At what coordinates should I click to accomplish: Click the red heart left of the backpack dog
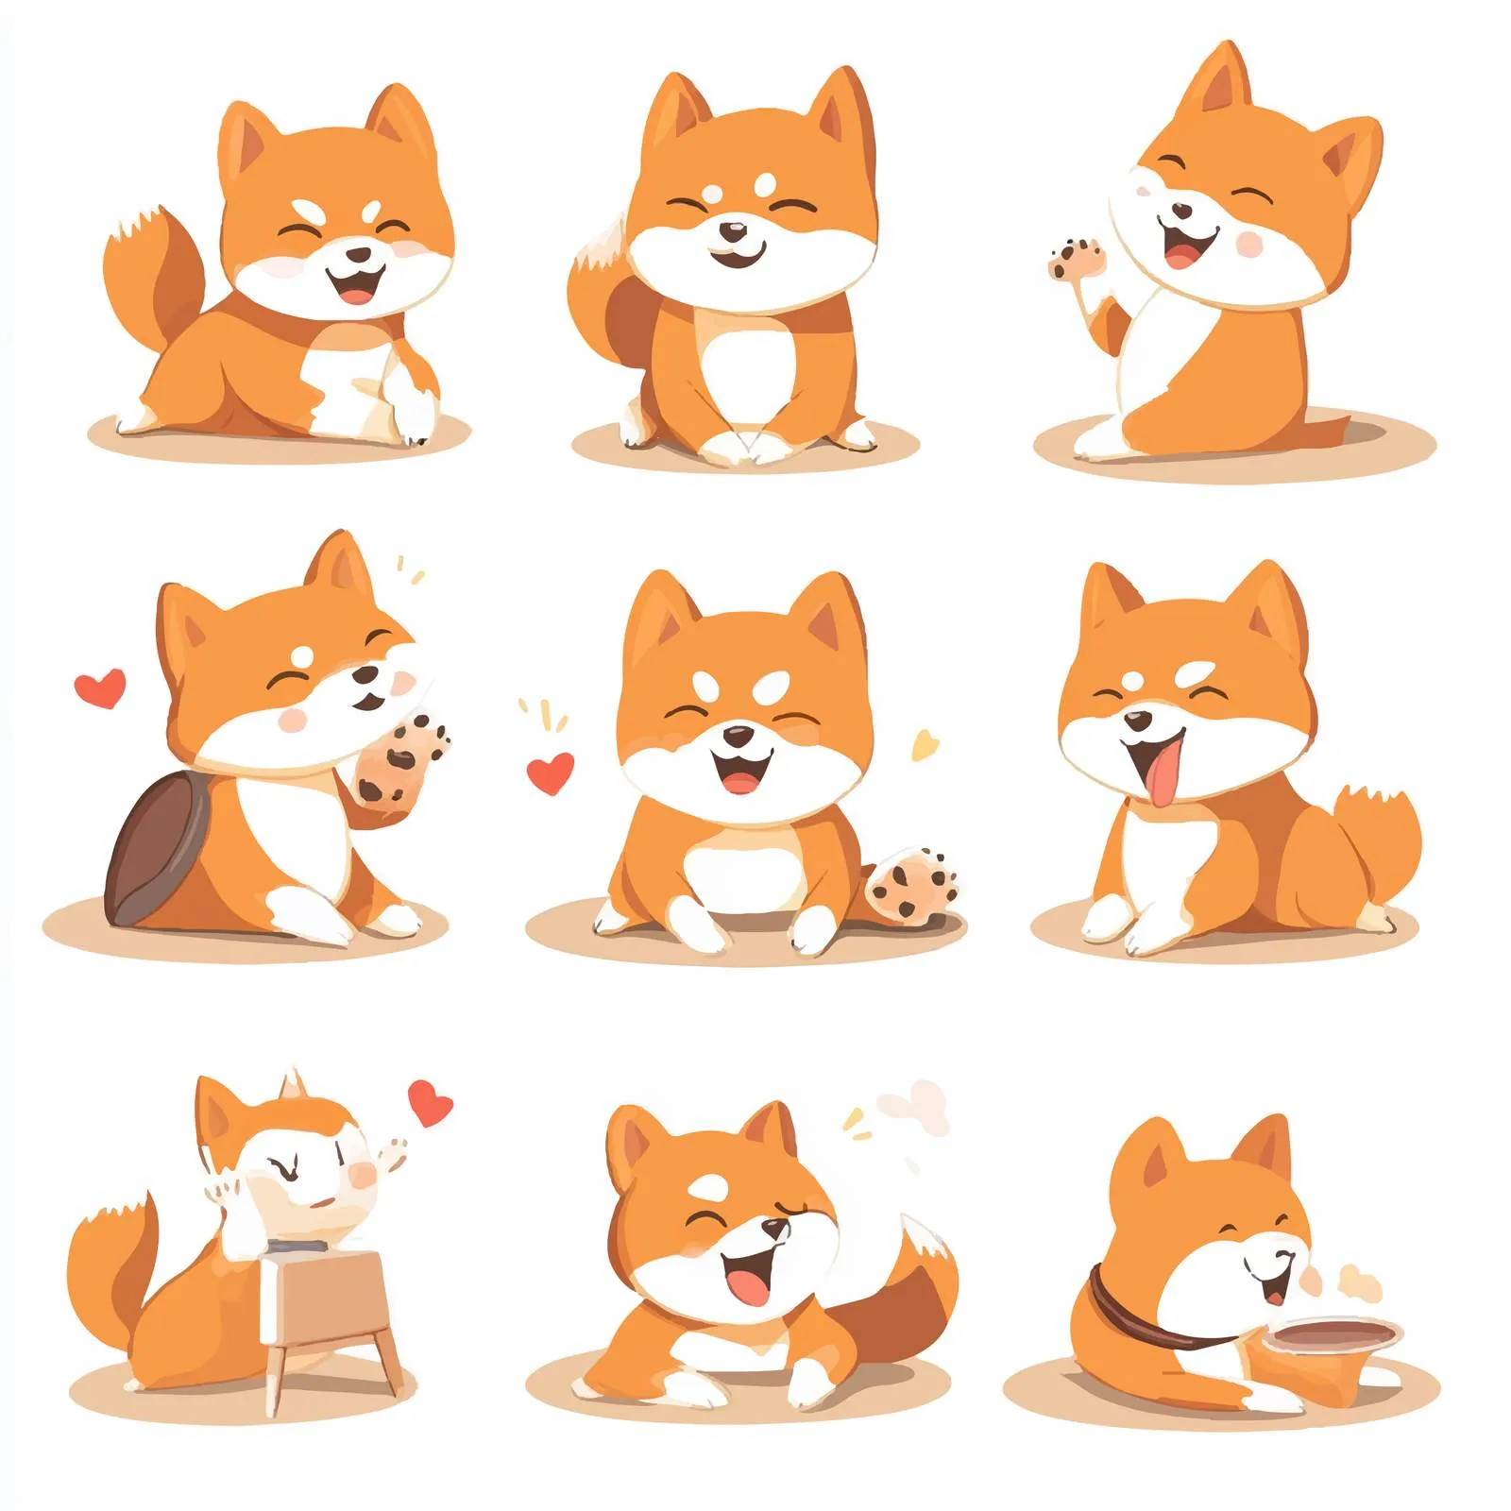[100, 688]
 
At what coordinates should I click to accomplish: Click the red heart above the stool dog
[430, 1102]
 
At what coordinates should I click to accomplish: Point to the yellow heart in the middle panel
[925, 744]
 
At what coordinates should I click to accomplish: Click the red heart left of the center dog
[550, 772]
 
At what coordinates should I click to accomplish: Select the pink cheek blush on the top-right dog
[1250, 243]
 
